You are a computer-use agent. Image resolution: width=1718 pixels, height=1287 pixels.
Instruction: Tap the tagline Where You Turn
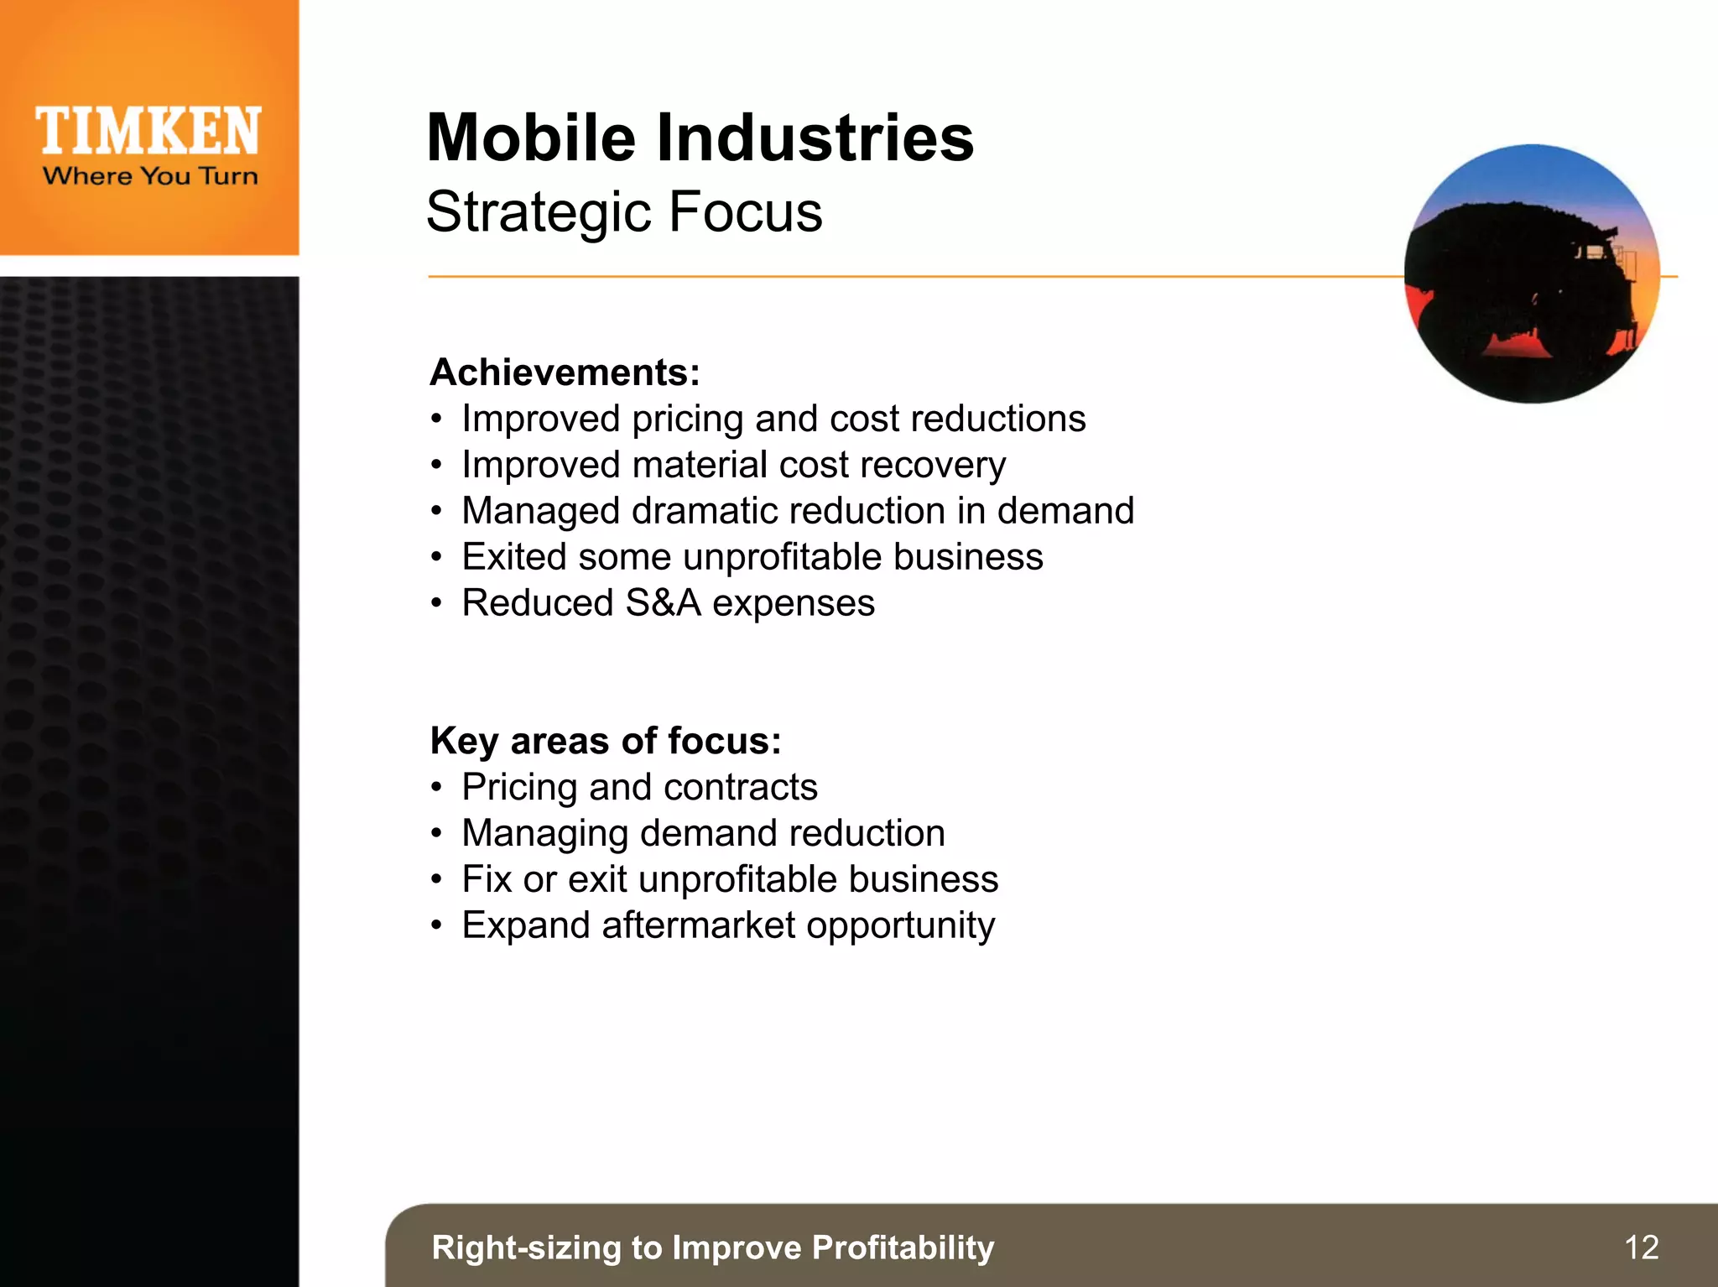point(150,176)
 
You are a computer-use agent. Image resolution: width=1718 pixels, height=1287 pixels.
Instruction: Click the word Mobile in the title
point(531,138)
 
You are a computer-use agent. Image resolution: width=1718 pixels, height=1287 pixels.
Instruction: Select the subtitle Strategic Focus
point(624,211)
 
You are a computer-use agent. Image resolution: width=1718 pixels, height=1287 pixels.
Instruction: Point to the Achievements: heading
point(565,373)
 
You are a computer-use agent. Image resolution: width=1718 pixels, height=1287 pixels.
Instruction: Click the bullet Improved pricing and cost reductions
point(773,419)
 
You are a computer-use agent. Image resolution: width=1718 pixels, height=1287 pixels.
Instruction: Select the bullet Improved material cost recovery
point(733,465)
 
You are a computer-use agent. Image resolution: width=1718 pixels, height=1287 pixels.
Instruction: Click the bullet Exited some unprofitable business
point(752,557)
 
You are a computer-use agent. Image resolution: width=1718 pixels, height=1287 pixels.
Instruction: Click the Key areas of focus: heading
point(605,741)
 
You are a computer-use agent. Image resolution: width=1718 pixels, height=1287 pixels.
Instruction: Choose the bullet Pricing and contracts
point(639,787)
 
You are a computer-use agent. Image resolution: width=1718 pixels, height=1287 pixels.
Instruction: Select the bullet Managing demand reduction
point(703,833)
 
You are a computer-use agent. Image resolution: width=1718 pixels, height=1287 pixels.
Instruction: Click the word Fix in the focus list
point(487,879)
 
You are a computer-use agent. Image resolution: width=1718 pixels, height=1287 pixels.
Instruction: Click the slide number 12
point(1641,1248)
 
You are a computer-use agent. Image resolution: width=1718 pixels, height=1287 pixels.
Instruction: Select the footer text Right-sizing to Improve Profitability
point(712,1248)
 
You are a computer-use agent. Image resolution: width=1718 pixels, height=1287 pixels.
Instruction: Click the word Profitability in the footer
point(903,1248)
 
